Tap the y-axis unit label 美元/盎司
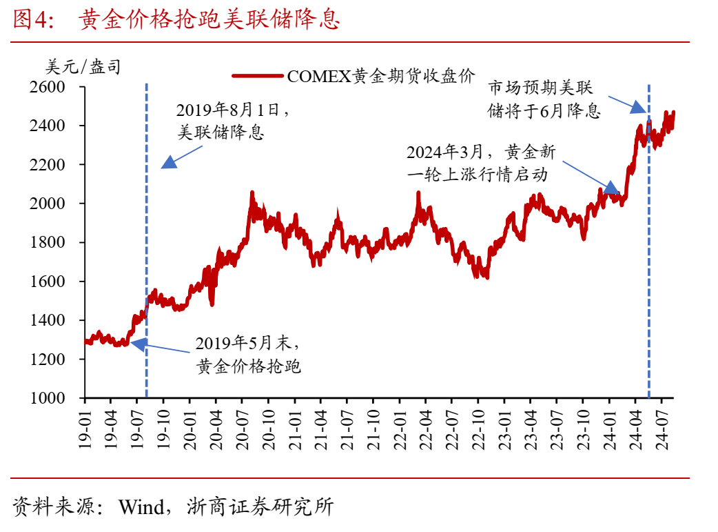click(x=83, y=67)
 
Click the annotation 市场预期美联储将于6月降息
click(x=544, y=99)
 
